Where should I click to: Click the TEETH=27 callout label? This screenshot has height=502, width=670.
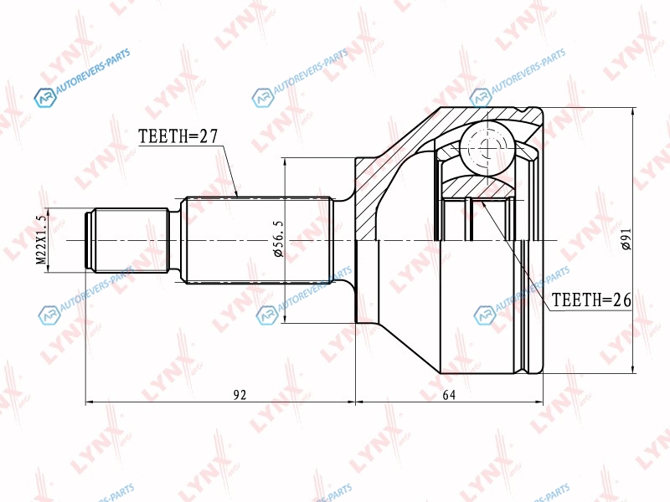(x=178, y=136)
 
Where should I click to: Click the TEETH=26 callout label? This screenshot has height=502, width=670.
(x=591, y=300)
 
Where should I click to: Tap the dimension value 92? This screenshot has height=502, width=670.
(x=240, y=395)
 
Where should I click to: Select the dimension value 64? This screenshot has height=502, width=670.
(x=449, y=395)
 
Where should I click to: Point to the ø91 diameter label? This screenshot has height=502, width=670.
(x=626, y=238)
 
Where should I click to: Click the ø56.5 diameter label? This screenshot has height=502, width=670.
(x=278, y=239)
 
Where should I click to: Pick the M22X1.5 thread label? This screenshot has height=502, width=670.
(x=41, y=239)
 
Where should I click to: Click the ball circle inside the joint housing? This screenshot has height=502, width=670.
(x=487, y=148)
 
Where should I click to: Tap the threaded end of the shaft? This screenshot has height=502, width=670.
(x=127, y=240)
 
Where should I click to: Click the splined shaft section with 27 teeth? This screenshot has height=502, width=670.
(x=257, y=240)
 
